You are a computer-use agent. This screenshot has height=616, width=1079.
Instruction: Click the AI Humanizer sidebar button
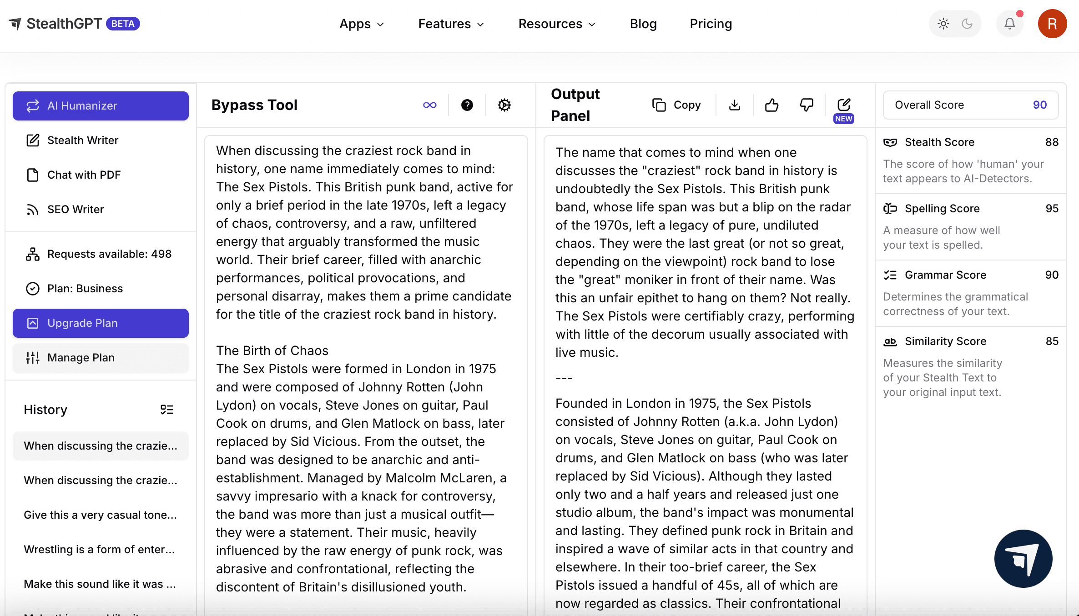[x=101, y=106]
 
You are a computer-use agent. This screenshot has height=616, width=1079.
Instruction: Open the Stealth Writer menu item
[x=82, y=140]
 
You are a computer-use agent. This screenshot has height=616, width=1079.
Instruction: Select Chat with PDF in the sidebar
[x=84, y=175]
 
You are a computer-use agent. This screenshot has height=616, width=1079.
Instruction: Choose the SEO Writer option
[x=76, y=210]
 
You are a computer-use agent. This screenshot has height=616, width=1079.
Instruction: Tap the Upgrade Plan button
[x=101, y=323]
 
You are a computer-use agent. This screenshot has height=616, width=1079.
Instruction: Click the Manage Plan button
[x=101, y=358]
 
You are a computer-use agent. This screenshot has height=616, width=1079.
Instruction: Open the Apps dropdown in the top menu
[x=362, y=24]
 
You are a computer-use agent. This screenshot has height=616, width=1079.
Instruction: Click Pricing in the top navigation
[x=711, y=24]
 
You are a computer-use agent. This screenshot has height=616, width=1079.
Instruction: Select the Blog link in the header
[x=643, y=24]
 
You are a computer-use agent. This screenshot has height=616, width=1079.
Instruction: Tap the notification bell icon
[x=1009, y=24]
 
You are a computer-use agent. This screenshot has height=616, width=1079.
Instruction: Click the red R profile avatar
[x=1052, y=24]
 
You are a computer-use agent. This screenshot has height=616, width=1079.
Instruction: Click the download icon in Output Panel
[x=734, y=105]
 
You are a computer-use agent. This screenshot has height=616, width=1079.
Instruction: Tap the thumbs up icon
[x=771, y=105]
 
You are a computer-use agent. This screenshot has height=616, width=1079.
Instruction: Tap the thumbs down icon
[x=807, y=105]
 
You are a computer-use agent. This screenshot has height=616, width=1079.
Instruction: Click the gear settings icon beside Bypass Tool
[x=504, y=105]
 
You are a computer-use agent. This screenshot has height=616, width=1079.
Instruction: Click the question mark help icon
[x=467, y=105]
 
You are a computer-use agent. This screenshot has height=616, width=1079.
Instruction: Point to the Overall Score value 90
[x=1039, y=105]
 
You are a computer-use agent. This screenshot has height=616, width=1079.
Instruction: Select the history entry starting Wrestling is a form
[x=99, y=550]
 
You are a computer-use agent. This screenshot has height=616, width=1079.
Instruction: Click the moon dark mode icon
[x=967, y=24]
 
